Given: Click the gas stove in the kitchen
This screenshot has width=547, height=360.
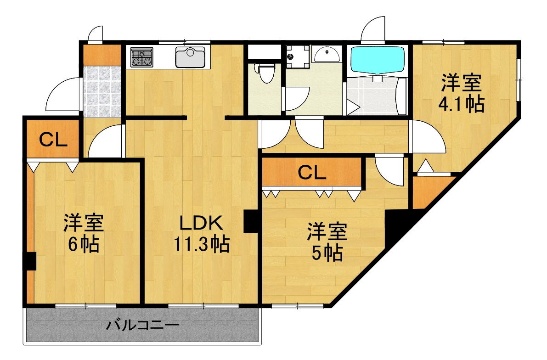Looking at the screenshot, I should coord(141,57).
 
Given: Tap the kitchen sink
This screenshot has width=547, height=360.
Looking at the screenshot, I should coord(190,57).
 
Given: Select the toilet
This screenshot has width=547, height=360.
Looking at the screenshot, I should coord(265,73).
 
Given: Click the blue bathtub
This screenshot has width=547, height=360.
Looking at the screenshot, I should coord(377,60).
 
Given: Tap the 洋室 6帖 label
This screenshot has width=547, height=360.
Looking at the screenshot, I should coord(83,234).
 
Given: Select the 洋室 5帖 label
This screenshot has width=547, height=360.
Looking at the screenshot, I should coord(327,242).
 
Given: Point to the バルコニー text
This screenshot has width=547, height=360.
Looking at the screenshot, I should coord(142,326).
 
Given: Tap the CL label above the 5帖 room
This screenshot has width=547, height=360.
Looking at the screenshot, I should coord(312,172).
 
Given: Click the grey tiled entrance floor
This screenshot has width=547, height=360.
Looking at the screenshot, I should coord(102,90).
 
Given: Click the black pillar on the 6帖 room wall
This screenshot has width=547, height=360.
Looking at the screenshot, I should coord(30,261).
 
